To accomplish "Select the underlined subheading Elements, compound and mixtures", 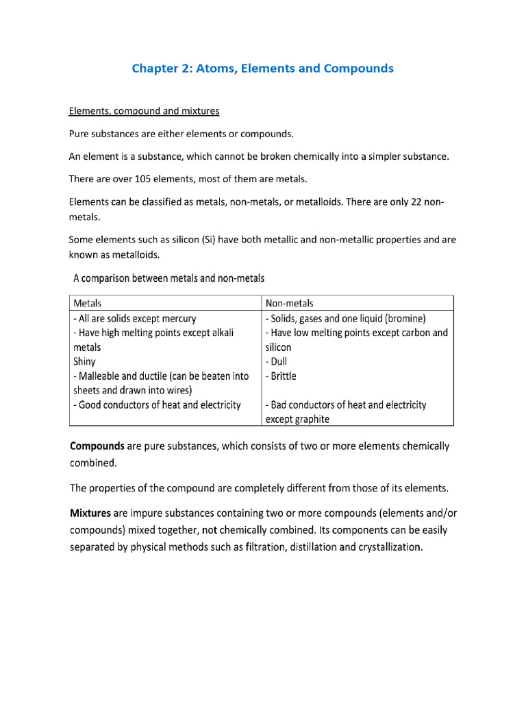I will [x=144, y=110].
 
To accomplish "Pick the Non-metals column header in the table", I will [x=289, y=302].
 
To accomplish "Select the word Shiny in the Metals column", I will [x=84, y=361].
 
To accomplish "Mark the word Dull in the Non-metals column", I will [x=279, y=361].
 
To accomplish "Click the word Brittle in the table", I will [x=283, y=376].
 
